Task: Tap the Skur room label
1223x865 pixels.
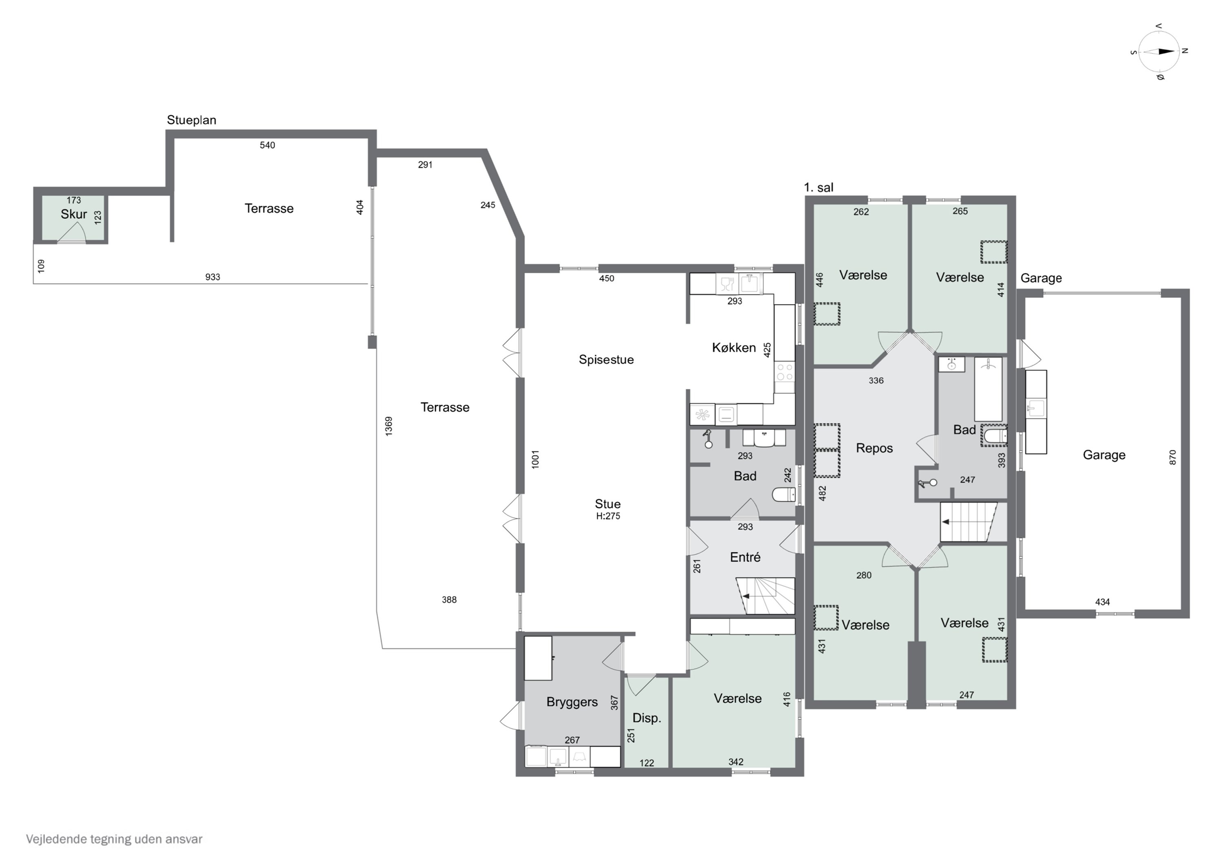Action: pyautogui.click(x=73, y=214)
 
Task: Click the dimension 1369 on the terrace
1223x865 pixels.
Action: pyautogui.click(x=389, y=426)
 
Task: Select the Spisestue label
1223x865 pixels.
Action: pyautogui.click(x=606, y=360)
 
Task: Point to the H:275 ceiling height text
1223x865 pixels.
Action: pyautogui.click(x=608, y=516)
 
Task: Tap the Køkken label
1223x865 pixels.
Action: pyautogui.click(x=733, y=348)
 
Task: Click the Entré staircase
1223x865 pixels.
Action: pyautogui.click(x=766, y=595)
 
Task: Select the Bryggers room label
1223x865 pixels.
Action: pyautogui.click(x=572, y=702)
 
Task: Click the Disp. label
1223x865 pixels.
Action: pyautogui.click(x=647, y=718)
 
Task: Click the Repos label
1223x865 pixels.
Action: pyautogui.click(x=874, y=448)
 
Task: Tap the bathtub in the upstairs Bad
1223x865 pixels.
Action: pyautogui.click(x=988, y=389)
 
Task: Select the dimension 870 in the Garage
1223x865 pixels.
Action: pyautogui.click(x=1172, y=457)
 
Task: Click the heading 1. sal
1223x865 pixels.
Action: pyautogui.click(x=819, y=188)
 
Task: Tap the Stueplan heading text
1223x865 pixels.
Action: pyautogui.click(x=191, y=120)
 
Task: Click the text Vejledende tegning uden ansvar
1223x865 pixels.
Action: pyautogui.click(x=114, y=839)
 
